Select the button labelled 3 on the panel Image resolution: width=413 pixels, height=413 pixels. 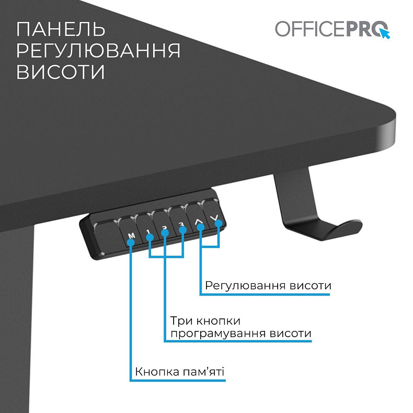[x=181, y=223]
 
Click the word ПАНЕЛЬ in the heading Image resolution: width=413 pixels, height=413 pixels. [x=60, y=29]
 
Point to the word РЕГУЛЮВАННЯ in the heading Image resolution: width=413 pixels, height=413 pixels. [x=98, y=51]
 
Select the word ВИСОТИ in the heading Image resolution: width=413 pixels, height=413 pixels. [x=61, y=72]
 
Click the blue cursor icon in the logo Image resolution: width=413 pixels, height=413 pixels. [x=385, y=34]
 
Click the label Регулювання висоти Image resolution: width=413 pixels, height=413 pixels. [x=268, y=286]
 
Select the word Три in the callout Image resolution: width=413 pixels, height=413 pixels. [x=180, y=320]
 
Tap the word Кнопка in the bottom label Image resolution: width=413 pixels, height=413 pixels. [x=156, y=372]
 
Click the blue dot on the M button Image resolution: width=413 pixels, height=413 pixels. [x=131, y=243]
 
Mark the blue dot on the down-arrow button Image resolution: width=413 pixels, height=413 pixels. [x=219, y=224]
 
